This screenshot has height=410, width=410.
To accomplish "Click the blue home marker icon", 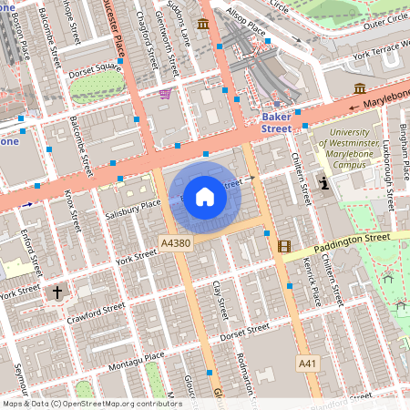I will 205,196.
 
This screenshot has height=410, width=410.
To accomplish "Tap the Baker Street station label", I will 276,123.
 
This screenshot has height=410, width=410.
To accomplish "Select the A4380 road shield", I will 175,243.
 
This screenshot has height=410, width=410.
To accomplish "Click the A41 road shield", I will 309,364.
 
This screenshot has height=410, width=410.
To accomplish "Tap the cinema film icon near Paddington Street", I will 284,246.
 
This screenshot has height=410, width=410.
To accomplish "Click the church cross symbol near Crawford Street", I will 57,292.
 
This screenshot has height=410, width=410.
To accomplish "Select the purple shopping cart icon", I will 165,93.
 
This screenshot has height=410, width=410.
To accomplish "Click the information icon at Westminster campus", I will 325,183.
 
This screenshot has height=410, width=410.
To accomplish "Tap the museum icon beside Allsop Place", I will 201,23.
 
